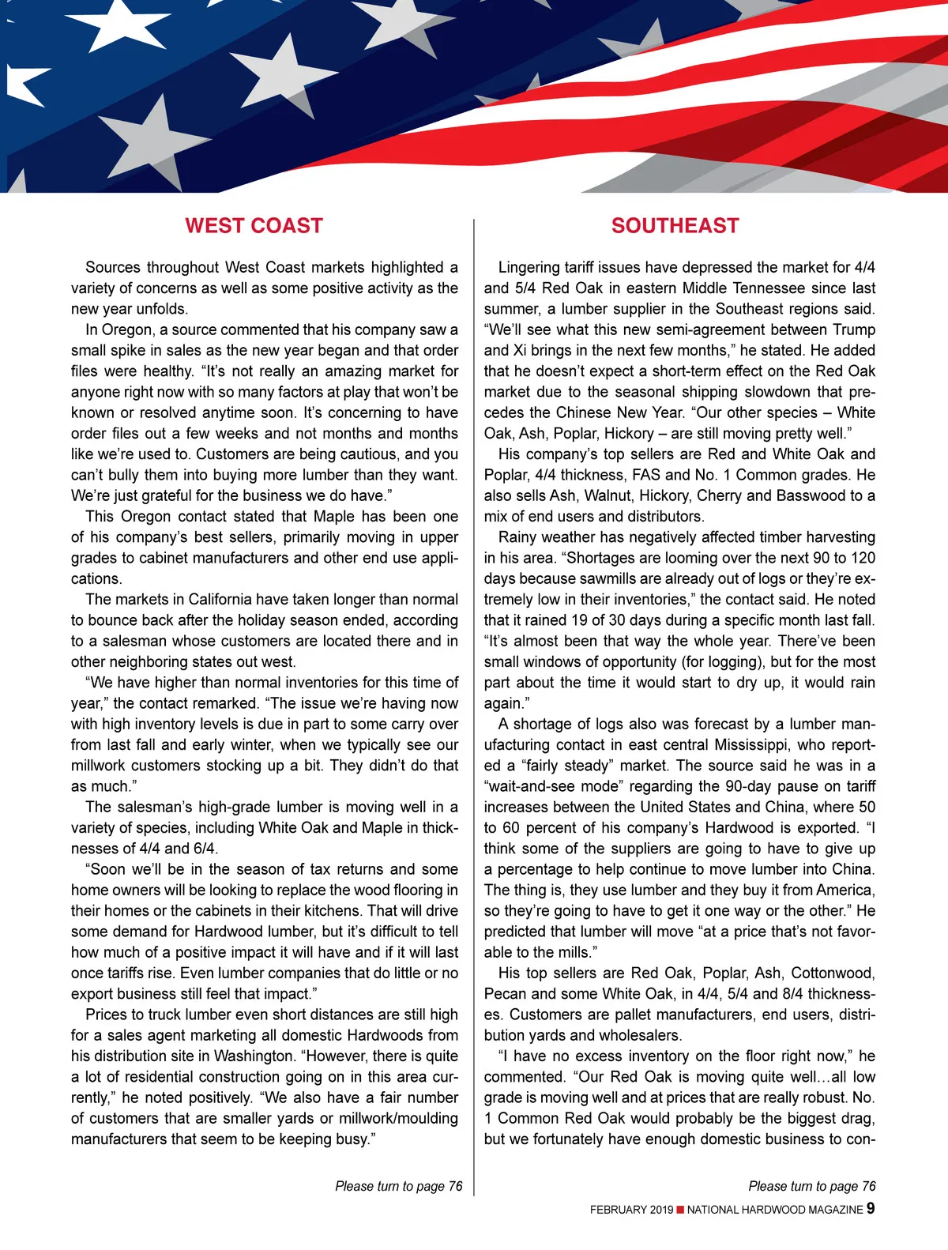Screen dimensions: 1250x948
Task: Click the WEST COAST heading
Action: pos(254,226)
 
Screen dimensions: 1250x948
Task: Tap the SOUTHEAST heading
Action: pos(675,226)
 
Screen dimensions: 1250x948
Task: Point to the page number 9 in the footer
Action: pos(871,1208)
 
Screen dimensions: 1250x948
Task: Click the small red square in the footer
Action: pos(680,1210)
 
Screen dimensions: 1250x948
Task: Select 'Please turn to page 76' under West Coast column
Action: pos(398,1186)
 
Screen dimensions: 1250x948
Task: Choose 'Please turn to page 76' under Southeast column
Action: pos(811,1186)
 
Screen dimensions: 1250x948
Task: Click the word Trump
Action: pos(848,329)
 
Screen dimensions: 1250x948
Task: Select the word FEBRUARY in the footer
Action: pos(619,1210)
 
